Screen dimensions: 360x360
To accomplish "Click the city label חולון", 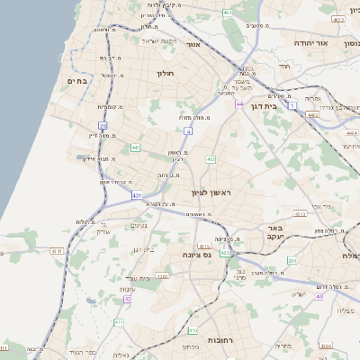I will click(164, 73).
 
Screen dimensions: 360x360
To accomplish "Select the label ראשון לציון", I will click(211, 193).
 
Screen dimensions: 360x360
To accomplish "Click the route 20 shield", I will click(103, 125).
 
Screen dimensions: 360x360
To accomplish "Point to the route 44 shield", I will click(239, 104).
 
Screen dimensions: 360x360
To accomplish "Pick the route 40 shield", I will click(318, 295).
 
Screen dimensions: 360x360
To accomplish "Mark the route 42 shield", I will click(127, 298).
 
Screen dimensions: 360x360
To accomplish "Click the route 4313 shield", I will click(301, 214).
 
